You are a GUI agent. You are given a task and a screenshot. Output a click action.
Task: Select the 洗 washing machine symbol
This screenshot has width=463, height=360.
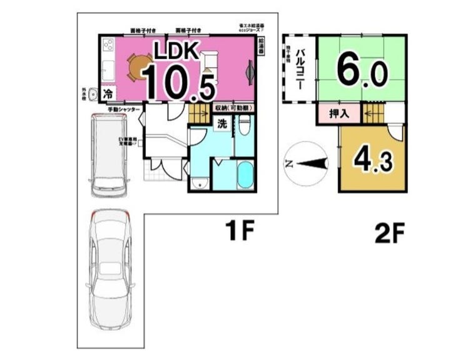tap(222, 123)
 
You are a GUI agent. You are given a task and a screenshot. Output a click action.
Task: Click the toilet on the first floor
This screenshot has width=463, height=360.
tap(245, 125)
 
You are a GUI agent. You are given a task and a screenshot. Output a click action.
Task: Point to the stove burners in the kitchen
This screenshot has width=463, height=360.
tap(107, 45)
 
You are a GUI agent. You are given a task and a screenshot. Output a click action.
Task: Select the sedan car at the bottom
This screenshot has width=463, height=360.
tap(109, 270)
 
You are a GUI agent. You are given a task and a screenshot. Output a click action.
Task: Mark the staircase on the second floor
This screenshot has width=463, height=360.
tap(373, 113)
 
